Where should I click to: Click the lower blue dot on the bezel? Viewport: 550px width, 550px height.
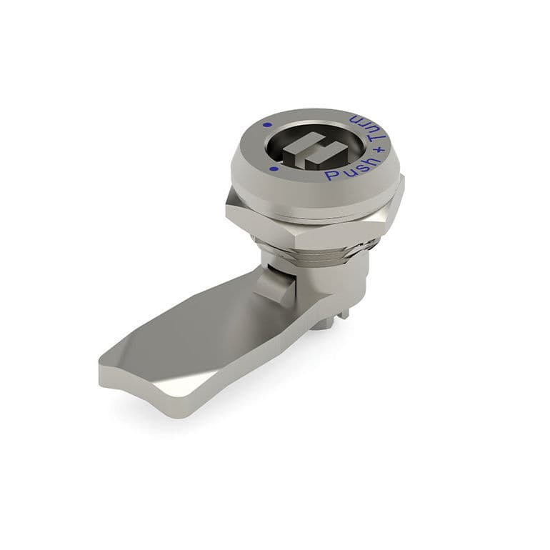click(x=274, y=169)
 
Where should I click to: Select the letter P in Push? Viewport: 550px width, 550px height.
click(x=329, y=175)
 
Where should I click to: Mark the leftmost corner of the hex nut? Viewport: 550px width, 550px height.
click(x=227, y=207)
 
